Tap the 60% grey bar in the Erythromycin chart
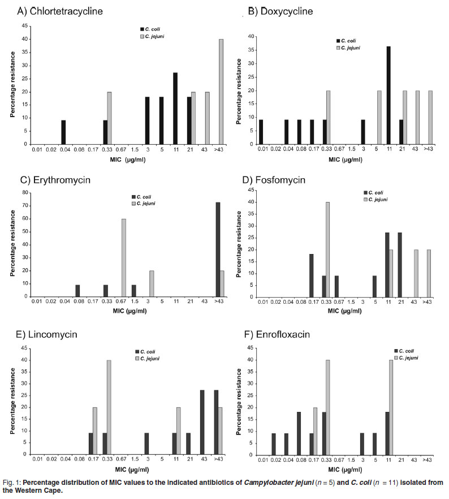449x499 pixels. (x=123, y=250)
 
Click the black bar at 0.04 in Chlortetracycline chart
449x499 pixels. (x=64, y=132)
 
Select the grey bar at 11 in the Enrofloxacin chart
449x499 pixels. (x=391, y=407)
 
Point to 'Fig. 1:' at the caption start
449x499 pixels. (x=13, y=481)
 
